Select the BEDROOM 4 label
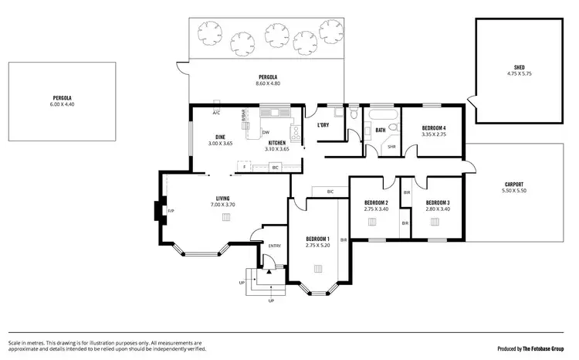click(435, 128)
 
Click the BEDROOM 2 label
click(376, 202)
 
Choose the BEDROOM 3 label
click(438, 202)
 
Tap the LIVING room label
click(222, 199)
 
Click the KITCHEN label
click(277, 143)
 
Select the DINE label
click(220, 138)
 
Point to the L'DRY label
click(323, 125)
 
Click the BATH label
click(380, 130)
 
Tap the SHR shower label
click(391, 147)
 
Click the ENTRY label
click(274, 246)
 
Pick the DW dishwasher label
click(265, 132)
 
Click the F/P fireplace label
click(171, 210)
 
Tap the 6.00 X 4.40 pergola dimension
click(63, 104)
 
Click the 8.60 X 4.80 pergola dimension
click(268, 83)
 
